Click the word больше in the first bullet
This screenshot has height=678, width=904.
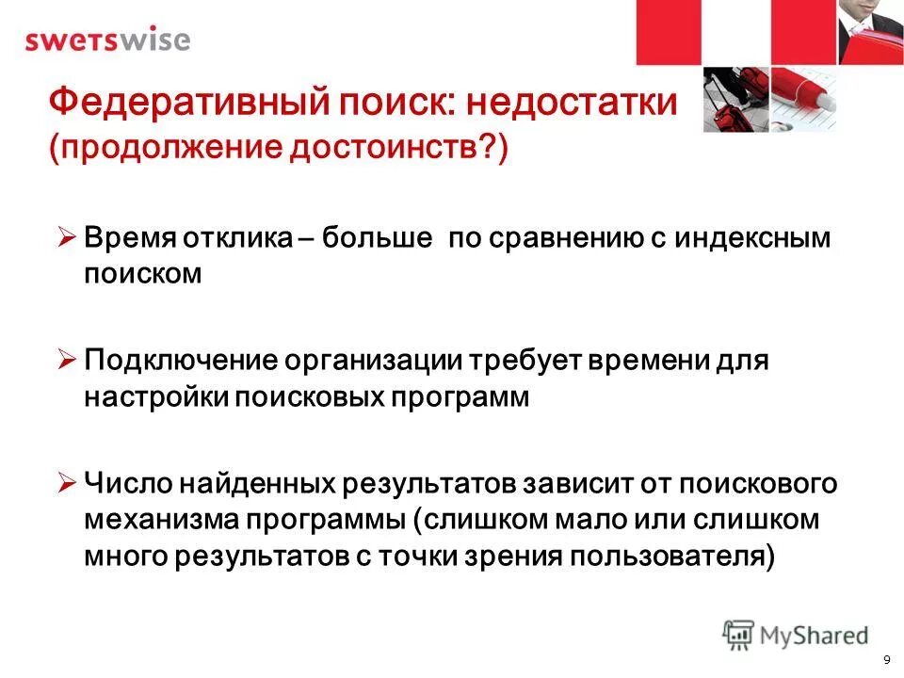pos(377,237)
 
